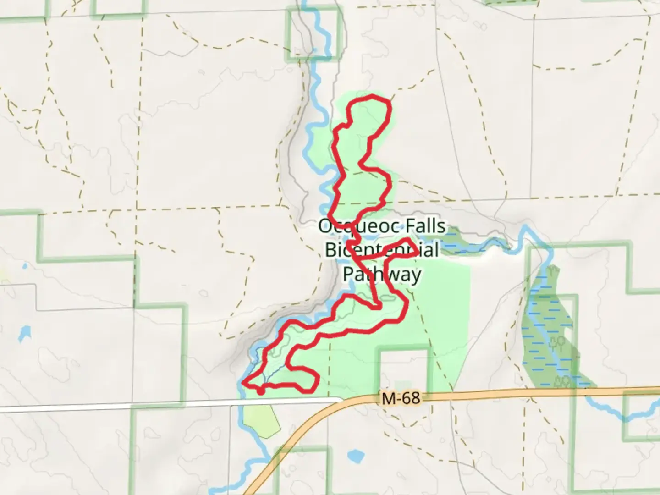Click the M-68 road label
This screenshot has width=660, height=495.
pyautogui.click(x=401, y=398)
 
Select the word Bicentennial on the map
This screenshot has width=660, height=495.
pyautogui.click(x=382, y=250)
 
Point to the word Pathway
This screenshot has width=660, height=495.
pyautogui.click(x=382, y=274)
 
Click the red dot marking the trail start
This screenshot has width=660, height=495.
pyautogui.click(x=260, y=391)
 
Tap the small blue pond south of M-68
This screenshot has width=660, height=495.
pyautogui.click(x=355, y=456)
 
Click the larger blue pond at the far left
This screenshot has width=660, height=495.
pyautogui.click(x=24, y=334)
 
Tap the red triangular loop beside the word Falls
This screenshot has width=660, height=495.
pyautogui.click(x=403, y=247)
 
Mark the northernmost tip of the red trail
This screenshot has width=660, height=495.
pyautogui.click(x=372, y=96)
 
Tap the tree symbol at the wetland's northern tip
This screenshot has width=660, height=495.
pyautogui.click(x=553, y=271)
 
